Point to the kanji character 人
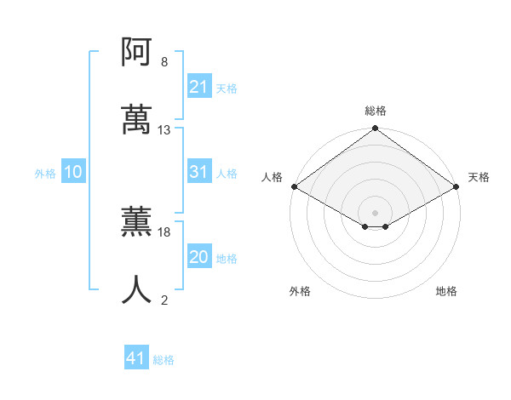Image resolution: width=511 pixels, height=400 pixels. click(x=136, y=290)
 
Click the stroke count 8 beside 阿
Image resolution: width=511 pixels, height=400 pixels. click(x=164, y=62)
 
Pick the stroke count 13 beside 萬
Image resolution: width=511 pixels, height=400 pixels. click(x=164, y=130)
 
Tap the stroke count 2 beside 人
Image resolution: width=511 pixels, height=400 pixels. click(x=164, y=300)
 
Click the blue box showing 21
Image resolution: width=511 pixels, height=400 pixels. click(x=198, y=87)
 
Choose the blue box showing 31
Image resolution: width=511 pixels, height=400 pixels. click(x=198, y=172)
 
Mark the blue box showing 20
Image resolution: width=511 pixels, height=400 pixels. click(x=198, y=257)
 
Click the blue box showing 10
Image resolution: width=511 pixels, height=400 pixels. click(x=73, y=172)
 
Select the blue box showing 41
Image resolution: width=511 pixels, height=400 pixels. click(x=136, y=358)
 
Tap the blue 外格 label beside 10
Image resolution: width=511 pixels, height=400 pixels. click(x=45, y=173)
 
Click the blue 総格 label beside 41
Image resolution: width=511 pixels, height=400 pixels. click(x=164, y=360)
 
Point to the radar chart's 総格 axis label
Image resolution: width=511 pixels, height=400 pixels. click(x=376, y=111)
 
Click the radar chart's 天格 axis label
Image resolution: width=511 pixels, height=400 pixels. click(x=479, y=177)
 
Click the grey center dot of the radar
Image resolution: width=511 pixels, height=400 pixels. click(x=376, y=212)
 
